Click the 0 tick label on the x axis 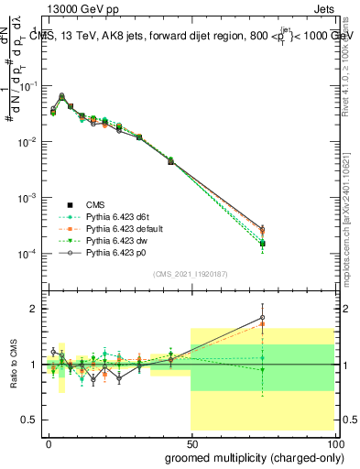(49, 441)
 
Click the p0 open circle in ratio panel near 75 (262, 317)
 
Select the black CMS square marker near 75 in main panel (262, 244)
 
